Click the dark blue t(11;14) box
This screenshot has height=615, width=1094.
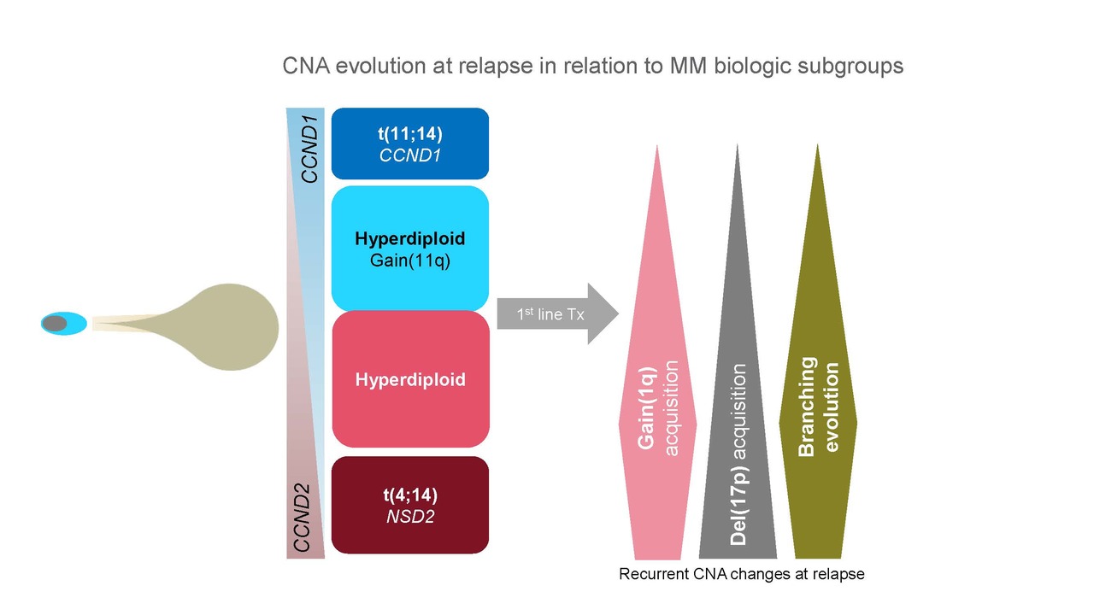tap(409, 143)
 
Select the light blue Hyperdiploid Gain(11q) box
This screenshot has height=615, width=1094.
tap(409, 248)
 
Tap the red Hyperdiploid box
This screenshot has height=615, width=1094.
tap(410, 378)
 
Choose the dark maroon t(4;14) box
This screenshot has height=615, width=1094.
tap(410, 504)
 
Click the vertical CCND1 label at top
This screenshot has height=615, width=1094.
tap(309, 155)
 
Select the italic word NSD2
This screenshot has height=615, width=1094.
tap(410, 516)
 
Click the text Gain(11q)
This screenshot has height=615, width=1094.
tap(410, 261)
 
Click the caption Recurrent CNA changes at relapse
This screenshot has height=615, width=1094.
tap(741, 574)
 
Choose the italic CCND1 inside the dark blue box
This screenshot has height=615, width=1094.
tap(410, 155)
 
